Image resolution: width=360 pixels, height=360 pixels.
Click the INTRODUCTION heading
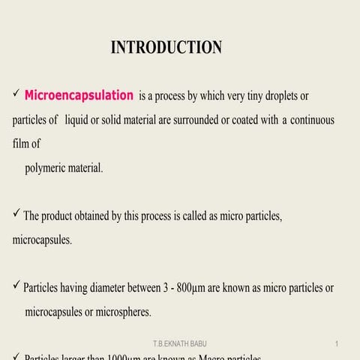166,48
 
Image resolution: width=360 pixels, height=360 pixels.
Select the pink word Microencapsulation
79,96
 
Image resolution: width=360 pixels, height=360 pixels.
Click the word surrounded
190,120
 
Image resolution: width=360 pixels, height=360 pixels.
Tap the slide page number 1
337,343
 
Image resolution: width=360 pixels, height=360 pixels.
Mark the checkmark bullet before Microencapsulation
16,95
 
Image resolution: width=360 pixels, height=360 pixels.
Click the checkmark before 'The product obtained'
16,215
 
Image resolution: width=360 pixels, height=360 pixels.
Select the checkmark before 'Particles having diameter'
16,286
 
